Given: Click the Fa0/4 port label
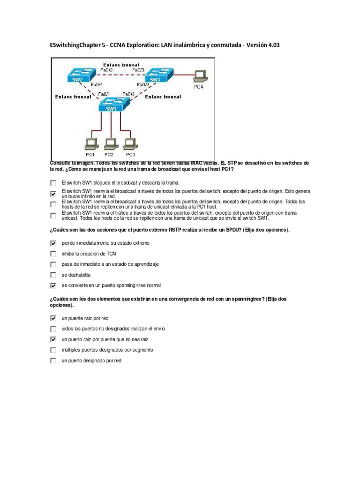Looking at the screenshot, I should click(x=97, y=85).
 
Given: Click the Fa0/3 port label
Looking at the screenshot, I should click(x=138, y=70).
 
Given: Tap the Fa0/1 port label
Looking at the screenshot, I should click(x=104, y=94).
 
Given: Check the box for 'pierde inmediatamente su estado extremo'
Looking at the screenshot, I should click(x=53, y=243).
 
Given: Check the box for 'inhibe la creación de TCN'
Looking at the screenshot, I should click(x=53, y=254).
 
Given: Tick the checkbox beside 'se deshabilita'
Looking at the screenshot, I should click(x=53, y=275).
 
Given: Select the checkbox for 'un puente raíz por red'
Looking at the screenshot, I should click(x=53, y=318).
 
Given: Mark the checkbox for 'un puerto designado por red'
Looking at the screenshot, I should click(x=53, y=360).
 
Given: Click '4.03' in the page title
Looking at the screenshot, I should click(x=275, y=45).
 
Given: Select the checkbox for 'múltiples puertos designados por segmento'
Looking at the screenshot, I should click(x=53, y=350).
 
